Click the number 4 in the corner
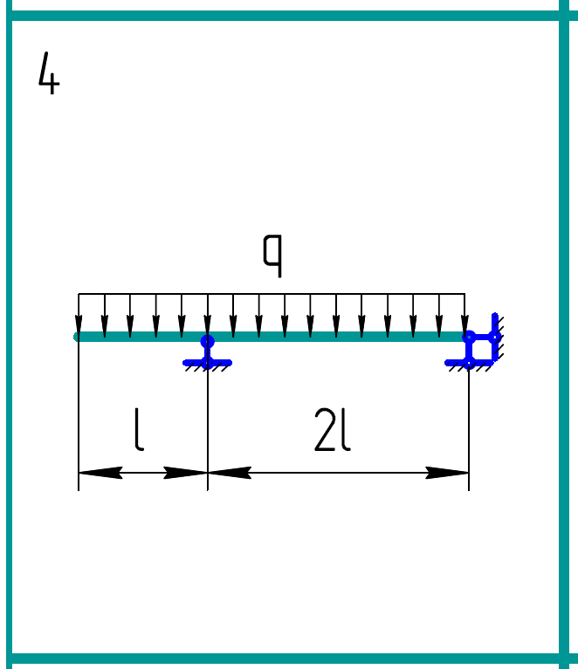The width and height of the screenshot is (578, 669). click(x=49, y=73)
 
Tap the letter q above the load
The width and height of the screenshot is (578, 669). click(x=273, y=256)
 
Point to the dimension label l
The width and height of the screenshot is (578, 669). click(x=139, y=432)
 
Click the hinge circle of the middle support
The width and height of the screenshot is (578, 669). click(x=207, y=341)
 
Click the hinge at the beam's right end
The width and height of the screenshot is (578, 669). click(x=469, y=337)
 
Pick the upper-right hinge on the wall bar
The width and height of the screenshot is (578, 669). click(x=494, y=337)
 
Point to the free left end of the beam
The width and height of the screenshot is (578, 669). click(x=79, y=337)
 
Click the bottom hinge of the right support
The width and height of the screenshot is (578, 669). click(x=469, y=362)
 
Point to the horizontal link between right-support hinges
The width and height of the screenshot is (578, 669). click(x=482, y=337)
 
